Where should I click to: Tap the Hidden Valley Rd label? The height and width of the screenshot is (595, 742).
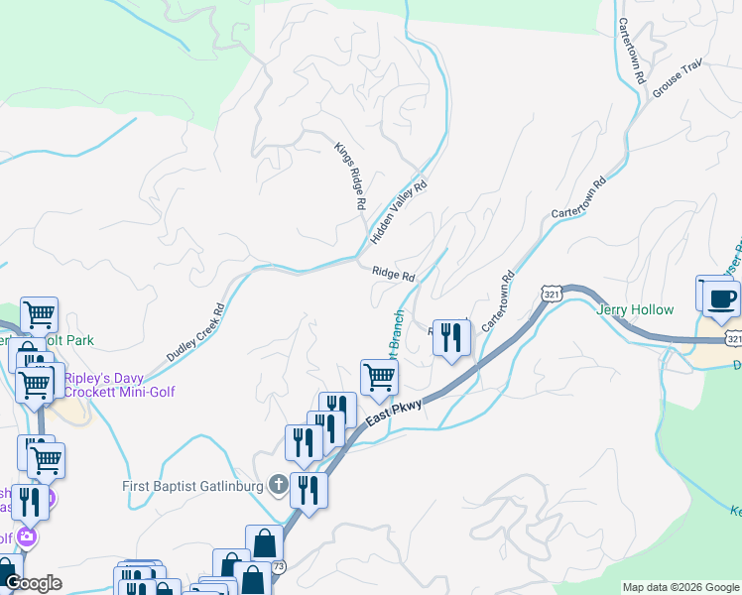[398, 213]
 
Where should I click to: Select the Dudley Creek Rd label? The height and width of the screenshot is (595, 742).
[196, 332]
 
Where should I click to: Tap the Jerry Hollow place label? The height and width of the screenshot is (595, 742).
[635, 309]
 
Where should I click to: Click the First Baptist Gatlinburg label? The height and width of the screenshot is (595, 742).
[192, 486]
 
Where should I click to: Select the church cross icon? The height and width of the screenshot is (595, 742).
[279, 486]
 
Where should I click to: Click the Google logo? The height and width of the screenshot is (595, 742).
[34, 583]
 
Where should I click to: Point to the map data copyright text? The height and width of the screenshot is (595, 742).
[680, 587]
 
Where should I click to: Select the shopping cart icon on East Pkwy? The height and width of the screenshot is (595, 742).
[379, 377]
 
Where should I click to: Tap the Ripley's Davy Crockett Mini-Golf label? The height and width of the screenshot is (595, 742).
[120, 385]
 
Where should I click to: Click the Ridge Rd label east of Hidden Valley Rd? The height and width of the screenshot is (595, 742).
[393, 274]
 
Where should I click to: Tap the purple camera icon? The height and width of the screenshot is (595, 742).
[26, 537]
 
